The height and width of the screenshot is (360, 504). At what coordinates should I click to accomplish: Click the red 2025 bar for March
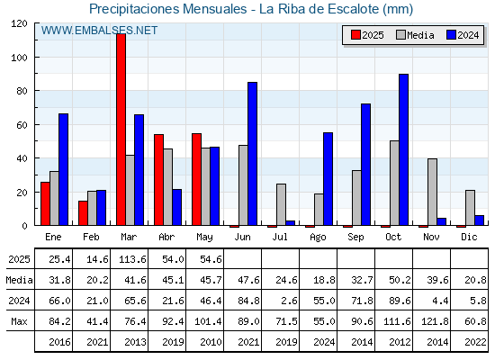[121, 130]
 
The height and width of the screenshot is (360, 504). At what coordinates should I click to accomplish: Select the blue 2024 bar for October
[404, 149]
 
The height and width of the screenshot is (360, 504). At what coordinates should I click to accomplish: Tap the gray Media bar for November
[432, 192]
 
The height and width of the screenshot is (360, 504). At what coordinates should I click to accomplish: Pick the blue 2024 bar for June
[253, 154]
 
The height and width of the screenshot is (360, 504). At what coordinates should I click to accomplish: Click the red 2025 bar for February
[83, 213]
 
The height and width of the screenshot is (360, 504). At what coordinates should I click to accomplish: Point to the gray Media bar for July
[281, 204]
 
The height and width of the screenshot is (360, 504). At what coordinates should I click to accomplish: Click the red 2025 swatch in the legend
[355, 35]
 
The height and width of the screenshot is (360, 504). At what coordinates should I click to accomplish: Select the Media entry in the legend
[416, 35]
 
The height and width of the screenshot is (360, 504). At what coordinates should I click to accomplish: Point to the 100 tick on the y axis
[36, 58]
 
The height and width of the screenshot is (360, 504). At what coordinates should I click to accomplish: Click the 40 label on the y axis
[22, 158]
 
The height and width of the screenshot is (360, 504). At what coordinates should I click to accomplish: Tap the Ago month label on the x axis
[318, 238]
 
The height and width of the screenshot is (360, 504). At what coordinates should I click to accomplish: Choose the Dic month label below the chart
[469, 237]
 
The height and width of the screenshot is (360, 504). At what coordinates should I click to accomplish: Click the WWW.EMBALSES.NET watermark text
[99, 31]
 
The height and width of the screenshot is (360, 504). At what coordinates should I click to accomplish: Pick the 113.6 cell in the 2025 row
[132, 259]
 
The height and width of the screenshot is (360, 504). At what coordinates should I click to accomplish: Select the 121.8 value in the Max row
[435, 321]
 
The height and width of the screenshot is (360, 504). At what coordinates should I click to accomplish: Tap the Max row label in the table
[19, 321]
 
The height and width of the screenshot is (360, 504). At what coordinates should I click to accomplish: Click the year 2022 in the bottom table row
[475, 342]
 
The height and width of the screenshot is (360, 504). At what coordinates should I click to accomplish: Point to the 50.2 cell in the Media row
[400, 280]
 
